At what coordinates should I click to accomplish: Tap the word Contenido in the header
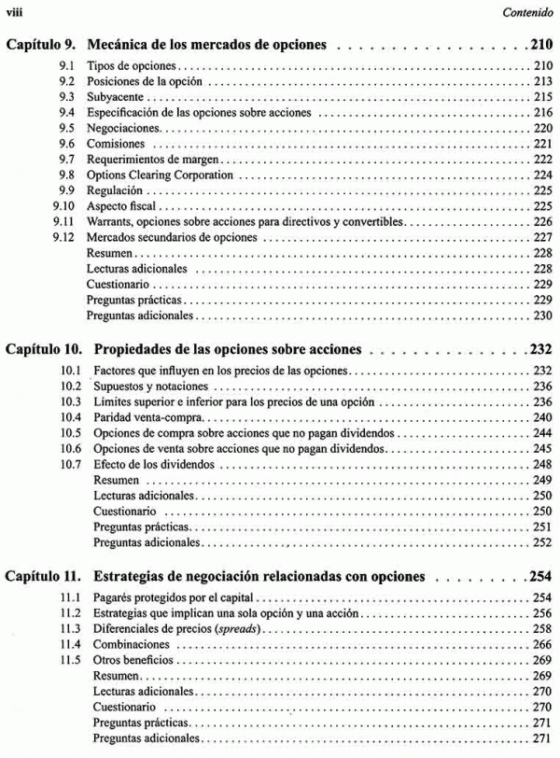pos(527,13)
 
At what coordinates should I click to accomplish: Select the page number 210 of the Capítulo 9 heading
pos(540,43)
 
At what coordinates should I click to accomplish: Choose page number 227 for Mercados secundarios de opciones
pos(542,237)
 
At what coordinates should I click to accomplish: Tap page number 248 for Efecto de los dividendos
pos(542,464)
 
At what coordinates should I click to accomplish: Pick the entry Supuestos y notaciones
pos(147,386)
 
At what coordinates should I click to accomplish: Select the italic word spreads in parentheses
pos(236,629)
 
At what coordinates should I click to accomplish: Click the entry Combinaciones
pos(132,644)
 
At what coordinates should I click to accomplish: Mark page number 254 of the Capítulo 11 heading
pos(540,575)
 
